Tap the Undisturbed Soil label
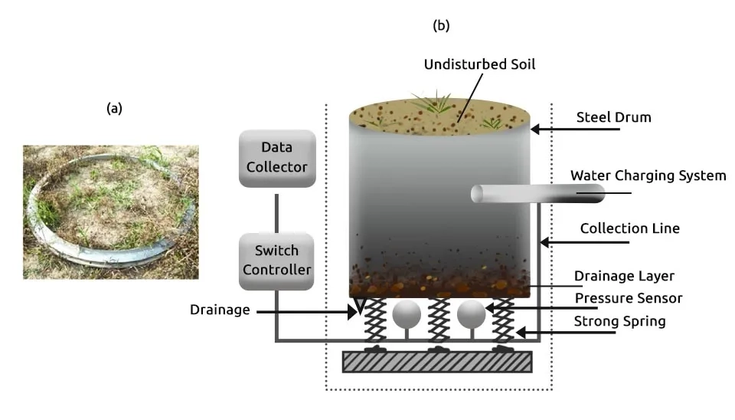click(479, 64)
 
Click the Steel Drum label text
click(613, 117)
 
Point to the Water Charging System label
click(648, 176)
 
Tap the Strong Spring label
click(619, 321)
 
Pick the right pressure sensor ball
click(471, 313)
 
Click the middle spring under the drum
click(439, 323)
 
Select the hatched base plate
click(437, 362)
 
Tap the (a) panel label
click(114, 108)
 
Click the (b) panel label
click(441, 25)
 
